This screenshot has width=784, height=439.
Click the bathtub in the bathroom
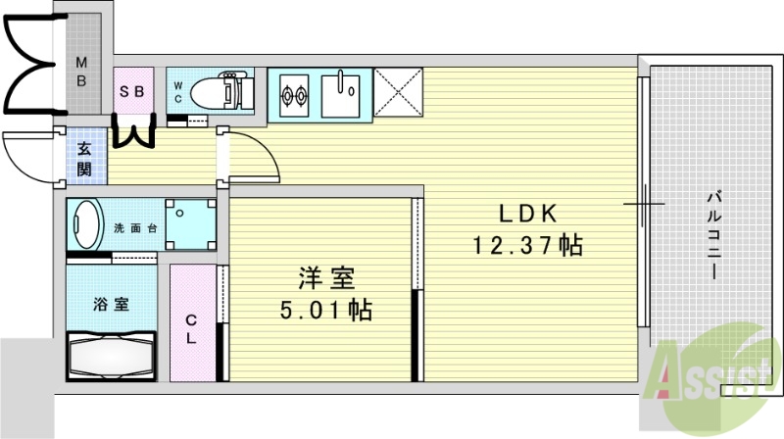tap(111, 358)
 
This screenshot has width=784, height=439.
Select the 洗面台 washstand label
tap(136, 227)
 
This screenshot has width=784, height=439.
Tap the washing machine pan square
tap(190, 224)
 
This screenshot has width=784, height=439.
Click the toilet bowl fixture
tap(218, 93)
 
